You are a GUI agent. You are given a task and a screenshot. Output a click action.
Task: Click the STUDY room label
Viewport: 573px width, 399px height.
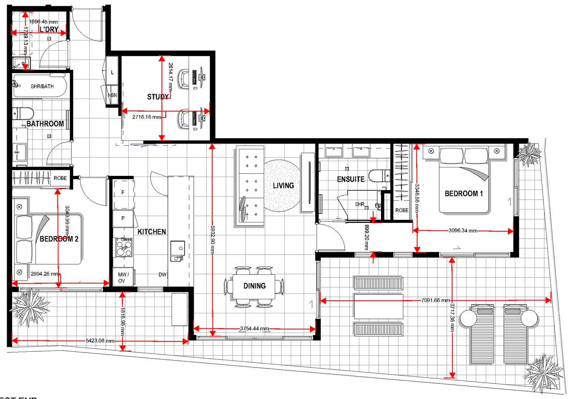coord(158,97)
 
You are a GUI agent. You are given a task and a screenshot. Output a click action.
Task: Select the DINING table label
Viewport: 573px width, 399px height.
coord(254,286)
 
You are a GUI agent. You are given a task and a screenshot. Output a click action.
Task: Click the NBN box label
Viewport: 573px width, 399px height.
coord(112,95)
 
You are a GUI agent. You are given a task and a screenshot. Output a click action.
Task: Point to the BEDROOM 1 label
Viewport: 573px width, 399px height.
coord(464,194)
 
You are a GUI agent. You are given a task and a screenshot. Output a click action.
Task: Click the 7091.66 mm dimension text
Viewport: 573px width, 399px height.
coord(435,300)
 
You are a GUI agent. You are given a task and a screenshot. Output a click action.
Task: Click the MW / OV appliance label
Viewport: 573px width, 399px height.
coord(122,277)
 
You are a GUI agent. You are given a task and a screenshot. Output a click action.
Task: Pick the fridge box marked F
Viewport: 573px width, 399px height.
coord(123,192)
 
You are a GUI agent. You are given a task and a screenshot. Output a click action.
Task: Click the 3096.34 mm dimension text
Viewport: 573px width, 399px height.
coord(463,231)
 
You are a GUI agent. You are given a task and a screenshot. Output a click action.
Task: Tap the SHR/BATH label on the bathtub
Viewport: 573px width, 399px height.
coord(42,86)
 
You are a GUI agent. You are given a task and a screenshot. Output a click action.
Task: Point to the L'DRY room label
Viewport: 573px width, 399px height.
coord(49,30)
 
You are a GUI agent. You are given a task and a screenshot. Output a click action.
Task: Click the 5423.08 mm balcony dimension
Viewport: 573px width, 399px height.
coord(100,341)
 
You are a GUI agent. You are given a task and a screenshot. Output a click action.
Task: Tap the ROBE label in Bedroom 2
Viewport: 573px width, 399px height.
coord(60,178)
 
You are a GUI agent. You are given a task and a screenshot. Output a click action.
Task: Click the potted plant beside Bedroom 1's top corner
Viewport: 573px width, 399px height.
coord(529,154)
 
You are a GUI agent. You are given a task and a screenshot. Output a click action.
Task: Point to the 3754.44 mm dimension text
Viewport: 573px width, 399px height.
coord(255,328)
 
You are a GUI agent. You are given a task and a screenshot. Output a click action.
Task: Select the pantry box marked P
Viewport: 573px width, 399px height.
coord(123,218)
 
